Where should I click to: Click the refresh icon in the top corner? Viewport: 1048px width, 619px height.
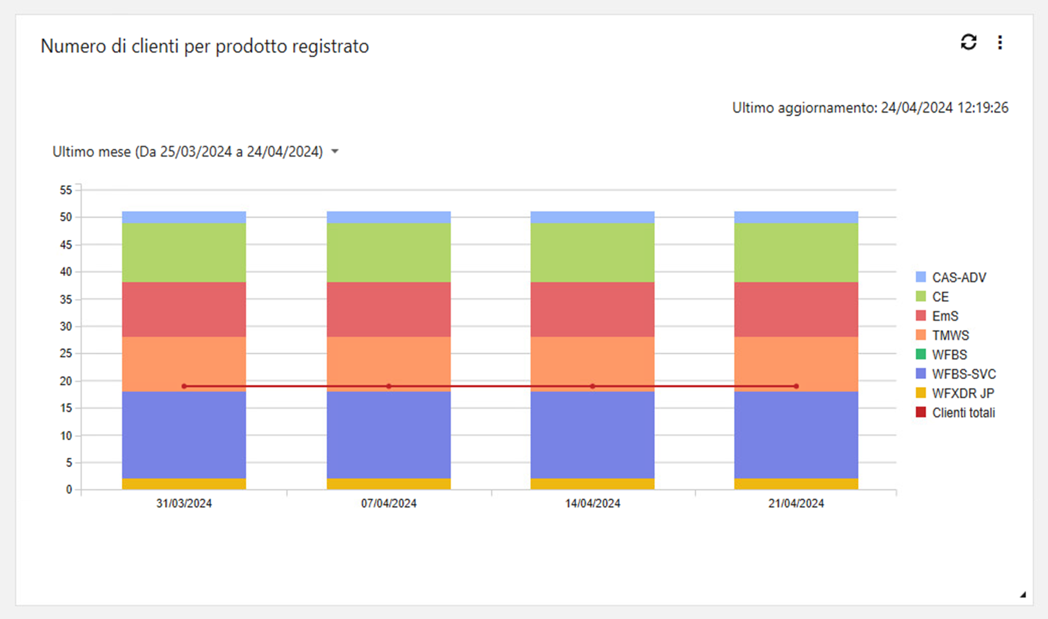968,42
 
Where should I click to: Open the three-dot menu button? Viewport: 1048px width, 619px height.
1000,43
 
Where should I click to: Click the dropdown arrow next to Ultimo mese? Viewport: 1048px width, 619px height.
335,151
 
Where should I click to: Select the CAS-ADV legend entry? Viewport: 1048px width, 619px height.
959,277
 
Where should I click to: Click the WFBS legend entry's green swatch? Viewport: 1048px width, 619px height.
921,354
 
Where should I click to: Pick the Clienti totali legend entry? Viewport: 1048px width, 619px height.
963,412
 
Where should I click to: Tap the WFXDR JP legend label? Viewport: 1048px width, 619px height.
963,393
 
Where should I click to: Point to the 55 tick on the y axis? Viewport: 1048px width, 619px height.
66,190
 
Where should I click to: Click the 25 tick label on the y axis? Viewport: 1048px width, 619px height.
66,353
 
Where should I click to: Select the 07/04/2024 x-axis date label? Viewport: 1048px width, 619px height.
388,503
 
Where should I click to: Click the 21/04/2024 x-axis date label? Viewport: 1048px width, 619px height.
796,503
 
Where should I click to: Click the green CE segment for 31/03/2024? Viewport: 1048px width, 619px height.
184,252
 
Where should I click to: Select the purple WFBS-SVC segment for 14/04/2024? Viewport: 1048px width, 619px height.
592,435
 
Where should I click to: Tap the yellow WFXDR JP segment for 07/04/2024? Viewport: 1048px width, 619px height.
388,484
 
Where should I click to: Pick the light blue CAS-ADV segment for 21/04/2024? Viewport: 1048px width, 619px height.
796,217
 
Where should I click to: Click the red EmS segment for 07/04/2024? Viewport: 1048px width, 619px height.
388,309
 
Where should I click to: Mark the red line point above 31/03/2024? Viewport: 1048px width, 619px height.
184,386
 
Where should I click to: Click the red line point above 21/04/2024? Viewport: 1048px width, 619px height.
796,386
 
